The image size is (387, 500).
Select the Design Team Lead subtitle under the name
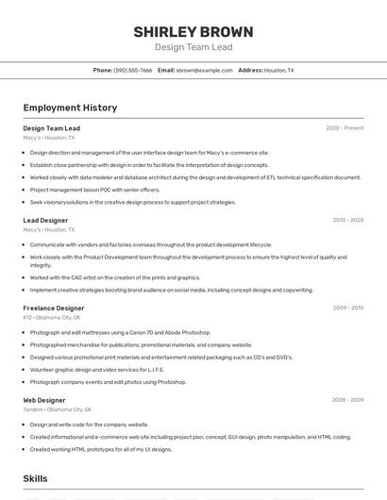193,46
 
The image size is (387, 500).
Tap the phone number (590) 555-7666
133,70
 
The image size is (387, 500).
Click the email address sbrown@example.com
204,70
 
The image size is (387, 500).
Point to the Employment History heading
70,108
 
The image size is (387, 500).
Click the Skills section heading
36,479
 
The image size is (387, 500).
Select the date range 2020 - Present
345,128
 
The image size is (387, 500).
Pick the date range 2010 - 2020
347,220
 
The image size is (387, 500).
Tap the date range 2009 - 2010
347,308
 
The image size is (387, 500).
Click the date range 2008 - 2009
347,400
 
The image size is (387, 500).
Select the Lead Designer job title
45,220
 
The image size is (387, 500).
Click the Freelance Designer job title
54,308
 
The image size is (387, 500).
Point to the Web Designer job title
44,400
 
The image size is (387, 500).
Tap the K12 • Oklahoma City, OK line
52,318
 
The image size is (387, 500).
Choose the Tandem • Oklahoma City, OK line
57,409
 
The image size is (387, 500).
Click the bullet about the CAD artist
114,277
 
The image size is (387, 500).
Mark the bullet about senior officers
94,190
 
